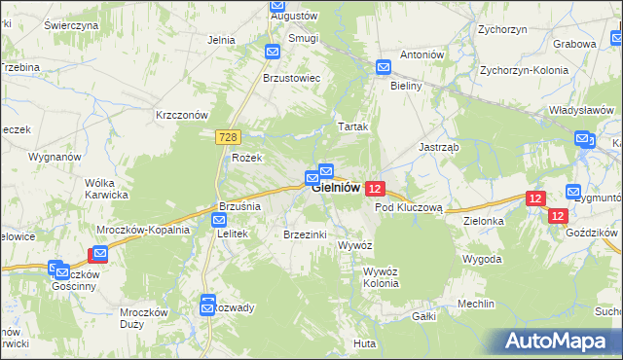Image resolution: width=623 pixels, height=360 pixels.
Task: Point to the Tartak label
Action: [352, 127]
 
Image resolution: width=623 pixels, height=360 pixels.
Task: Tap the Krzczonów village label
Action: [183, 114]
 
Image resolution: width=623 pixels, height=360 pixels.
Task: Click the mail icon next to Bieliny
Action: [384, 67]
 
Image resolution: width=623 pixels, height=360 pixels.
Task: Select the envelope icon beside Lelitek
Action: [219, 221]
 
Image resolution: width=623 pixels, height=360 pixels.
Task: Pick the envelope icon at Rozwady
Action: [207, 307]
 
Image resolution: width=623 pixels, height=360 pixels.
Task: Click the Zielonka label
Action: [484, 221]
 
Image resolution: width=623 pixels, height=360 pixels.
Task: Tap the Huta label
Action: [365, 343]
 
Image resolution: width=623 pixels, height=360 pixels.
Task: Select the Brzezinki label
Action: [303, 234]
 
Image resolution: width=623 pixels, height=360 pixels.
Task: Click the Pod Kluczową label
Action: [409, 207]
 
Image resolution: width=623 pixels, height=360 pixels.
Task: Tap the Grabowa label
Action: [574, 44]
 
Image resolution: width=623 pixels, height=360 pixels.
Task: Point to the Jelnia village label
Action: [222, 40]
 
